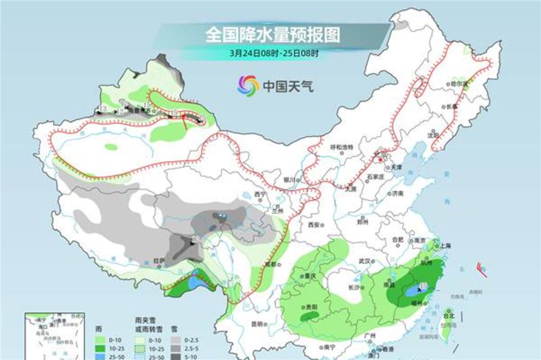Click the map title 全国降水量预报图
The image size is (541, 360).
coord(273,36)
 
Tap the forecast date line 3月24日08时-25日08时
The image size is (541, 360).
coord(273,54)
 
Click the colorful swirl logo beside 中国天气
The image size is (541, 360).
coord(248,85)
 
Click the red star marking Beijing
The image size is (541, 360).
coord(381,160)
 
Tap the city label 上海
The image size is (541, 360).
coord(446,245)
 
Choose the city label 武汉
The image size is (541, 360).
coord(366,261)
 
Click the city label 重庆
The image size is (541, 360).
coord(309,275)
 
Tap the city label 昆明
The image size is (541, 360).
coord(256,324)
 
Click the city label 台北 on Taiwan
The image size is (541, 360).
coord(448,315)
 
